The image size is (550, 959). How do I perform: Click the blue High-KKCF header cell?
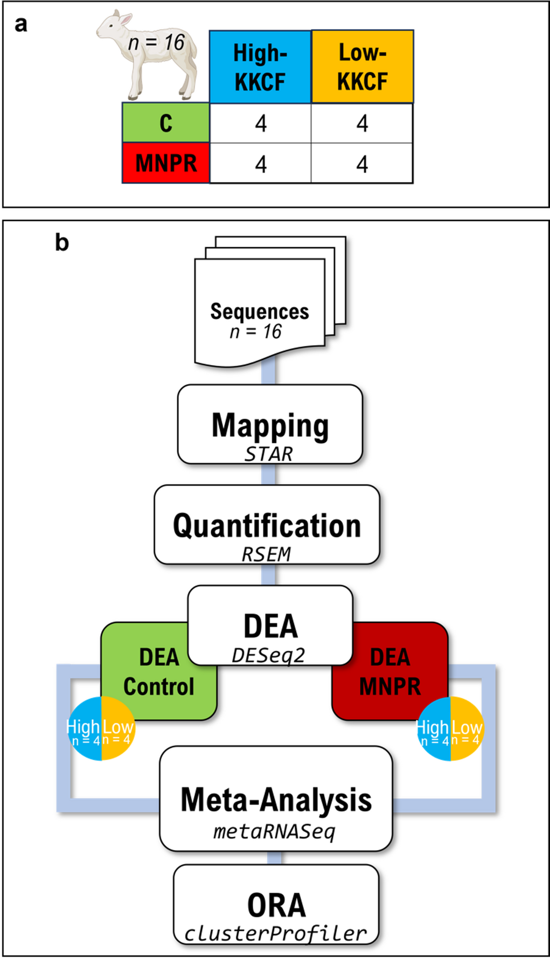coord(260,67)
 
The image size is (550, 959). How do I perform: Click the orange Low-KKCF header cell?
coord(362,67)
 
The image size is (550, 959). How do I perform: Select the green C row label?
coord(166,123)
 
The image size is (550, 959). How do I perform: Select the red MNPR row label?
coord(166,163)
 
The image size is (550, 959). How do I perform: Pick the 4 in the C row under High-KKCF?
coord(261,123)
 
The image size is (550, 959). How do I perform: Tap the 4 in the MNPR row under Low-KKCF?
coord(362,164)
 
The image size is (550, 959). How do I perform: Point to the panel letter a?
coord(20,24)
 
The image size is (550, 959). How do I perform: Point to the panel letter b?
coord(62,242)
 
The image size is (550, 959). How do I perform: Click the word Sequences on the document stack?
coord(259,311)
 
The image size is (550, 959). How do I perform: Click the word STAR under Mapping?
coord(268,454)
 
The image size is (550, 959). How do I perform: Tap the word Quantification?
coord(267,526)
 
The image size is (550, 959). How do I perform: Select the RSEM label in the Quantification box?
coord(266,554)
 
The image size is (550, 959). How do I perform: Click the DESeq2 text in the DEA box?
coord(268,655)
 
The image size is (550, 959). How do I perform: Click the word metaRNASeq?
coord(274,831)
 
